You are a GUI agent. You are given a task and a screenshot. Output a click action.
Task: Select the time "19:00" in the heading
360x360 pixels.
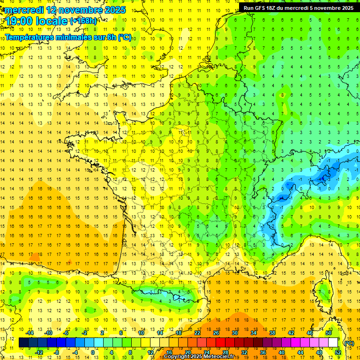(21, 22)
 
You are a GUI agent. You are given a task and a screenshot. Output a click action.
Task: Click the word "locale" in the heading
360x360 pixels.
(53, 22)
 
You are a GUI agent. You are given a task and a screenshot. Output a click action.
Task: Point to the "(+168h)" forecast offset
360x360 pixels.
(83, 21)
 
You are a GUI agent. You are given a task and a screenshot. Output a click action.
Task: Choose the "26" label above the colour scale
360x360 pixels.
(216, 333)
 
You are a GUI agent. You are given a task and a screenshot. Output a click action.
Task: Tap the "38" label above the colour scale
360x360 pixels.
(272, 333)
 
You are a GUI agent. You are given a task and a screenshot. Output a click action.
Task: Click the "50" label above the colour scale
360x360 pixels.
(328, 333)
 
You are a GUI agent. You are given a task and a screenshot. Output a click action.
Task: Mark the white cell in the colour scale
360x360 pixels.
(333, 343)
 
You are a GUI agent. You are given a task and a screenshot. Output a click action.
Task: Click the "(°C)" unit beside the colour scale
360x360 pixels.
(349, 343)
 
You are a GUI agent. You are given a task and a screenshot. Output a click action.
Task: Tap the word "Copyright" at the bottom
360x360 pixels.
(178, 357)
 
